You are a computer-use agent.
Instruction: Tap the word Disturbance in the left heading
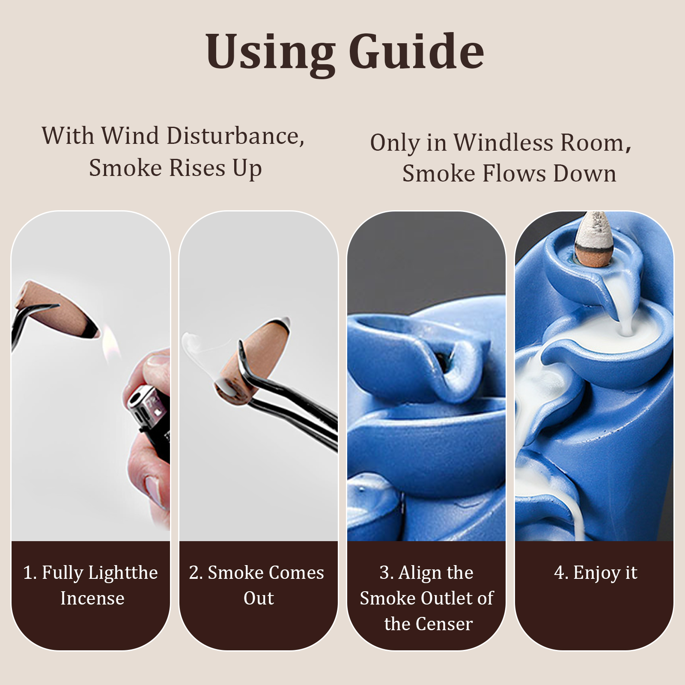tap(235, 136)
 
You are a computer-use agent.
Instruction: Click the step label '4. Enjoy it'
tap(595, 573)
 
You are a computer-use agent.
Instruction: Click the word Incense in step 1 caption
tap(92, 598)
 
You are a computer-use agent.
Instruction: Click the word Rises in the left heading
tap(197, 168)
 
